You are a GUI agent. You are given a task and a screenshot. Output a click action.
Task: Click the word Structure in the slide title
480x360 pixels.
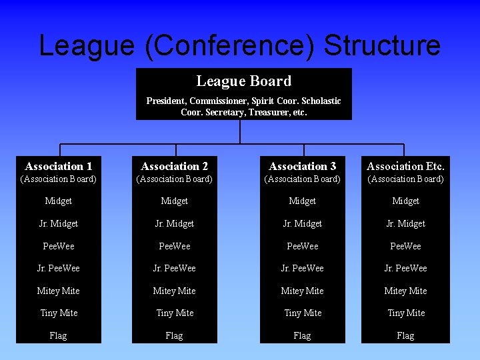pos(382,45)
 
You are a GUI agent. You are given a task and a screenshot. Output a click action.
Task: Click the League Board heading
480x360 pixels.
pos(243,81)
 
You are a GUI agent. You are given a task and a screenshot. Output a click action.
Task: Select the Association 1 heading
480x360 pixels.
pos(59,166)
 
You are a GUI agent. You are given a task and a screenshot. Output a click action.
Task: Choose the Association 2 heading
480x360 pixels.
pos(175,166)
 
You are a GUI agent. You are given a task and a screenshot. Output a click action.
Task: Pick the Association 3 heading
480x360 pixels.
pos(303,166)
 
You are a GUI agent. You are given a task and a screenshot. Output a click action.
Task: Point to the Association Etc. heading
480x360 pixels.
pos(405,166)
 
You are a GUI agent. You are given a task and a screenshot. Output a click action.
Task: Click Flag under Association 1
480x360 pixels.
pos(59,335)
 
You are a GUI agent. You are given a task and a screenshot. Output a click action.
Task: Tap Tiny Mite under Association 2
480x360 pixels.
pos(175,313)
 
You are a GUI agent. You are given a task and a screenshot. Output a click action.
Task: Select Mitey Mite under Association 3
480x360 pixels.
pos(303,291)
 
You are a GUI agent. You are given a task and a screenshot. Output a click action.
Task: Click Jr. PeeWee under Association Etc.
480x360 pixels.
pos(405,268)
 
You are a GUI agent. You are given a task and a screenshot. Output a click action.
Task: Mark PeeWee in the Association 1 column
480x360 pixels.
pos(59,246)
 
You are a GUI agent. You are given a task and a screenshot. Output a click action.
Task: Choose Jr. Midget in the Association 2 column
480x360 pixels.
pos(175,223)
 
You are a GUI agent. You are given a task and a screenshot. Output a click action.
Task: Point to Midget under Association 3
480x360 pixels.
pos(303,201)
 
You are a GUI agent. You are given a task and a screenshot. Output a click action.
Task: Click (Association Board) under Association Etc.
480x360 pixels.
pos(405,179)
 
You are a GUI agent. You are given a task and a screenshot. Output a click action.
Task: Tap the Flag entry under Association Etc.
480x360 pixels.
pos(405,335)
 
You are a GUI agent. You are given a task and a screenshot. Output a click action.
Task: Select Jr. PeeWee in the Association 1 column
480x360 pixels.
pos(59,268)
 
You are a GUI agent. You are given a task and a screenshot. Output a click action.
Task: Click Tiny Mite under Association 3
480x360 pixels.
pos(303,313)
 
